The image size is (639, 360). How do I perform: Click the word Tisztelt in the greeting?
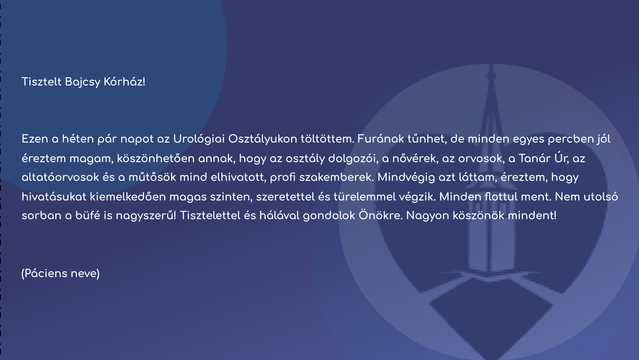click(41, 82)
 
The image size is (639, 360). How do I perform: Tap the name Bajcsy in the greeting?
click(83, 82)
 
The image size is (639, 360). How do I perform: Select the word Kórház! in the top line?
click(124, 82)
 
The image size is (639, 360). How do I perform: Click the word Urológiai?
click(199, 139)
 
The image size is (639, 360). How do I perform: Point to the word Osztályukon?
click(263, 139)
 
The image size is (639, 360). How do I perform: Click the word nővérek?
click(415, 159)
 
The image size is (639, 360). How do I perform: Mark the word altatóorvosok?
click(61, 177)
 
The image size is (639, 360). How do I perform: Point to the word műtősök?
click(152, 177)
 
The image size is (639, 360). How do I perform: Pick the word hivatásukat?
click(54, 196)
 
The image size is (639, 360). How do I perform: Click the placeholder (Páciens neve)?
click(61, 274)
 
